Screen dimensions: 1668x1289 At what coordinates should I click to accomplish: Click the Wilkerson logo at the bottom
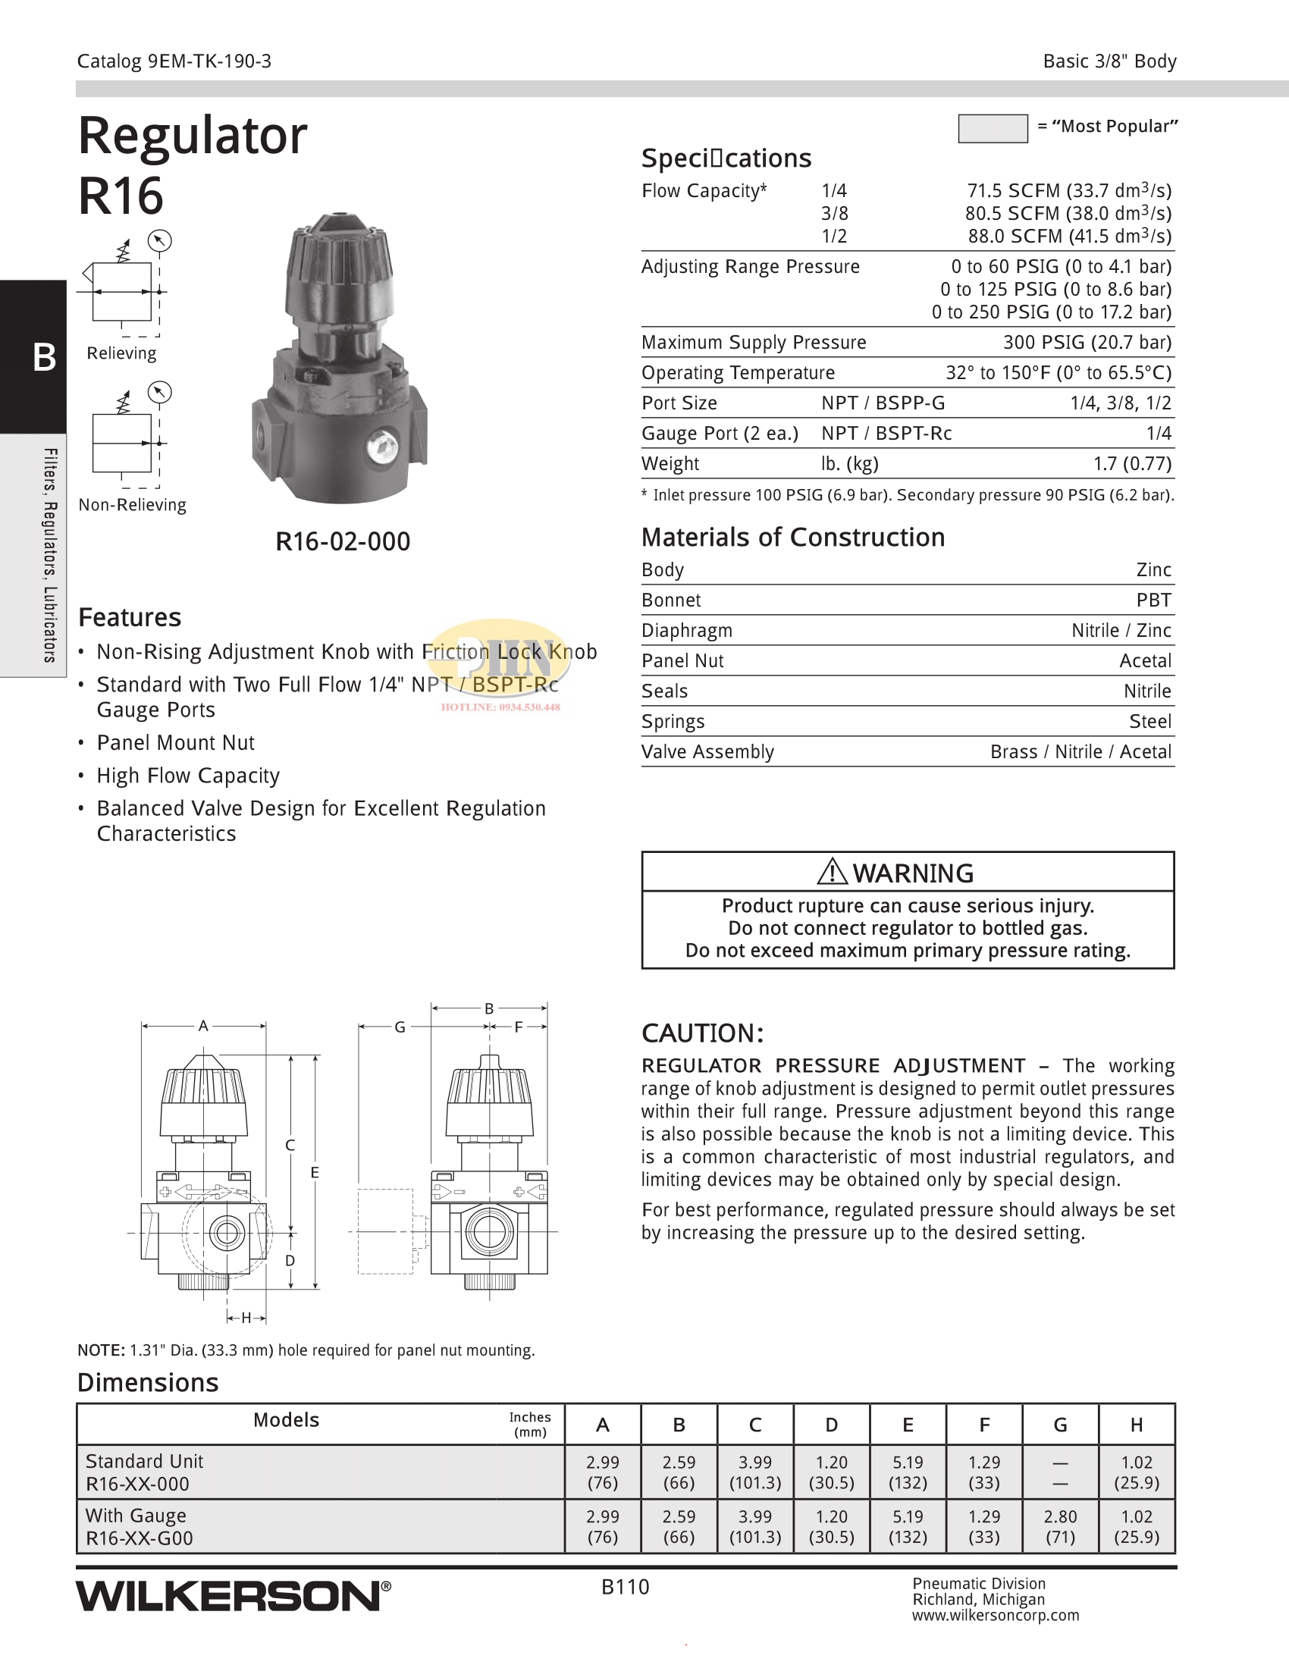coord(233,1596)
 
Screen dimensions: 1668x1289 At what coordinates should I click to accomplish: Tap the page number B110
coord(625,1587)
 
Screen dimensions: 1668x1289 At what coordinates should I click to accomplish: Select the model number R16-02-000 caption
coord(343,541)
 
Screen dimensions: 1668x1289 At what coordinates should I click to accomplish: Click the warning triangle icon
coord(832,871)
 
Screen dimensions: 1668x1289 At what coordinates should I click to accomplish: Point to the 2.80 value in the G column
coord(1060,1517)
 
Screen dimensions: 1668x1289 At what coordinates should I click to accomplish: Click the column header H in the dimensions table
coord(1137,1425)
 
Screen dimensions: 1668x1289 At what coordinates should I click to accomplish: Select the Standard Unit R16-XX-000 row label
coord(144,1472)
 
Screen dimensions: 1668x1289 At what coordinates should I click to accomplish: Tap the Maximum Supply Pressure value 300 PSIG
coord(1087,342)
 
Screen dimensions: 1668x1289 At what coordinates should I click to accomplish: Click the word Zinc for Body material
coord(1153,569)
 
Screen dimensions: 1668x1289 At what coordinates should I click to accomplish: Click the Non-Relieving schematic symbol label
coord(132,505)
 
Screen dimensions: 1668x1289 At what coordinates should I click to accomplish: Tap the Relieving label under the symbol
coord(121,353)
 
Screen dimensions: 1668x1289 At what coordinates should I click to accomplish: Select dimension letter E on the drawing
coord(315,1172)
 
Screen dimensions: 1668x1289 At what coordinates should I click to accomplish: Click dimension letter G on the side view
coord(400,1027)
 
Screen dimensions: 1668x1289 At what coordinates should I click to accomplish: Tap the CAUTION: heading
coord(702,1033)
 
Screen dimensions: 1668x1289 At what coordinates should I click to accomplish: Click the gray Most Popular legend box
coord(992,128)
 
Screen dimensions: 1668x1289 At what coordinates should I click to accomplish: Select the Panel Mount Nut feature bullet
coord(176,742)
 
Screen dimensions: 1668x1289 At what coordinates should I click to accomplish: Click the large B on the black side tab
coord(44,356)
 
